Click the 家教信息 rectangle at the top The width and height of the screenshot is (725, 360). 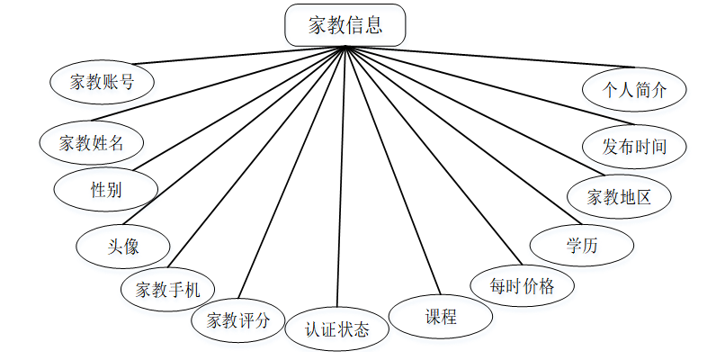tap(345, 25)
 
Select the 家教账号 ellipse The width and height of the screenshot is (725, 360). tap(103, 82)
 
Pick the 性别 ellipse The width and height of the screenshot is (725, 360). tap(106, 189)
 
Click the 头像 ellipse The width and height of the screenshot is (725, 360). tap(123, 245)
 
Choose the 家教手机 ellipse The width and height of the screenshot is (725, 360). tap(167, 290)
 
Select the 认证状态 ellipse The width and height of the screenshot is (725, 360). tap(336, 328)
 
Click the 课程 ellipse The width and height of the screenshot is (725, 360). tap(441, 317)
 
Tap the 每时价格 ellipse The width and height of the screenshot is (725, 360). tap(523, 287)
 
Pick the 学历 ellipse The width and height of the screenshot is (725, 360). tap(582, 244)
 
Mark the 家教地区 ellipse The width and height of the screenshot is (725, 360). tap(619, 195)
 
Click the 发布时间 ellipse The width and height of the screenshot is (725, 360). tap(634, 146)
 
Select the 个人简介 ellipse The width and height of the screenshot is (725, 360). tap(634, 89)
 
